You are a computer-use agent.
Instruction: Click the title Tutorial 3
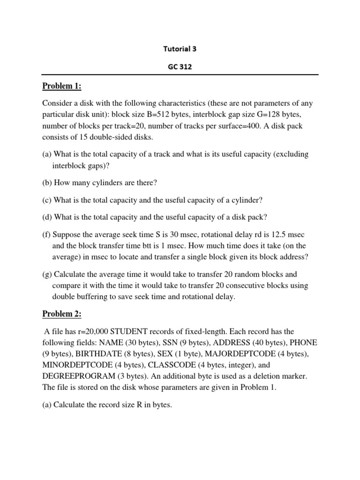coord(180,48)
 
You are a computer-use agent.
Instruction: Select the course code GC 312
coord(180,67)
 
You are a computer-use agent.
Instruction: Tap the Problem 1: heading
coord(62,86)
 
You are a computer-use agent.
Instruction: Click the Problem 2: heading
coord(62,314)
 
